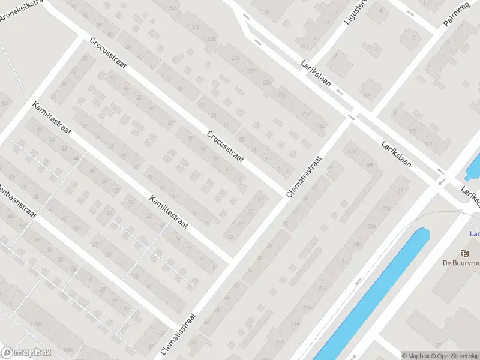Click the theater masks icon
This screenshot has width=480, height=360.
coord(463,253)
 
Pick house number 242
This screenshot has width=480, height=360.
coord(195,27)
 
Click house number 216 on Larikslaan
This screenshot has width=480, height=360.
coord(305,113)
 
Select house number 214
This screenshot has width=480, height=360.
coord(321,127)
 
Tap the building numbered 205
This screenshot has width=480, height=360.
coord(412,131)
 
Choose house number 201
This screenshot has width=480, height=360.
coord(428,145)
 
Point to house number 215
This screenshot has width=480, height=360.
coord(265,12)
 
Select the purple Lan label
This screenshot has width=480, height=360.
coord(474,235)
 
